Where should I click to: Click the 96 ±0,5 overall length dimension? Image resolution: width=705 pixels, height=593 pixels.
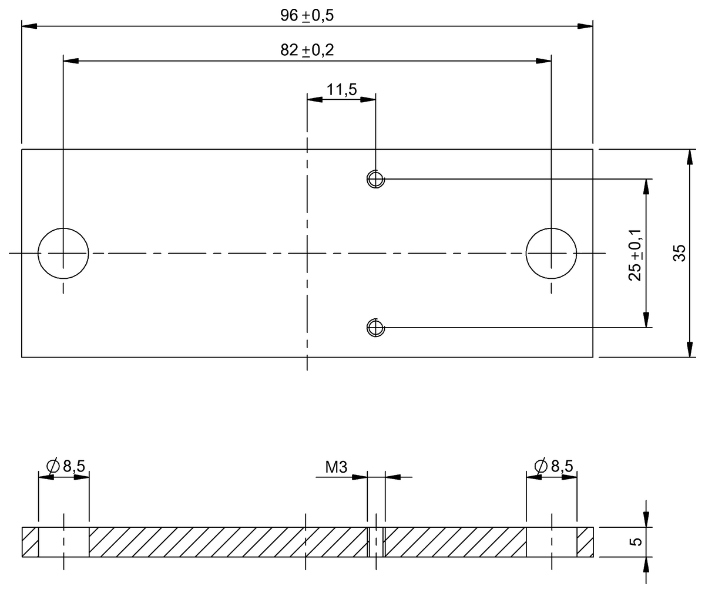pos(307,16)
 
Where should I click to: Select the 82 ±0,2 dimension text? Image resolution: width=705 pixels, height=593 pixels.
pos(307,50)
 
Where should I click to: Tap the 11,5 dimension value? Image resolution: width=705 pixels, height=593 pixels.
pos(341,90)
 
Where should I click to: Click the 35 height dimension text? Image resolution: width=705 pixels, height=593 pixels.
pos(679,253)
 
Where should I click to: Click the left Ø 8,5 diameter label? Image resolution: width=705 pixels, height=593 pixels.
pos(66,466)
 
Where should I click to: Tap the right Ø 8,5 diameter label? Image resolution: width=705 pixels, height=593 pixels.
pos(554,466)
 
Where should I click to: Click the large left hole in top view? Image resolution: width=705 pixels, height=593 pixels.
pos(63,253)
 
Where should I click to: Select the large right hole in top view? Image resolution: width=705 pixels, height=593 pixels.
pos(551,253)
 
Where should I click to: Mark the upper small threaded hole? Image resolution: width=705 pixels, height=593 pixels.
pos(375,178)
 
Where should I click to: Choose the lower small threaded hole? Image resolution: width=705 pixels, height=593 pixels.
pos(375,327)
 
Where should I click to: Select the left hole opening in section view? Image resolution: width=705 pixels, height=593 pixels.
pos(63,542)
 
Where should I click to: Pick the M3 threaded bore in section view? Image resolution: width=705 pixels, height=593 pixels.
pos(375,542)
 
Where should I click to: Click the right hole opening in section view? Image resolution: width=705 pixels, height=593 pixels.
pos(551,542)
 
